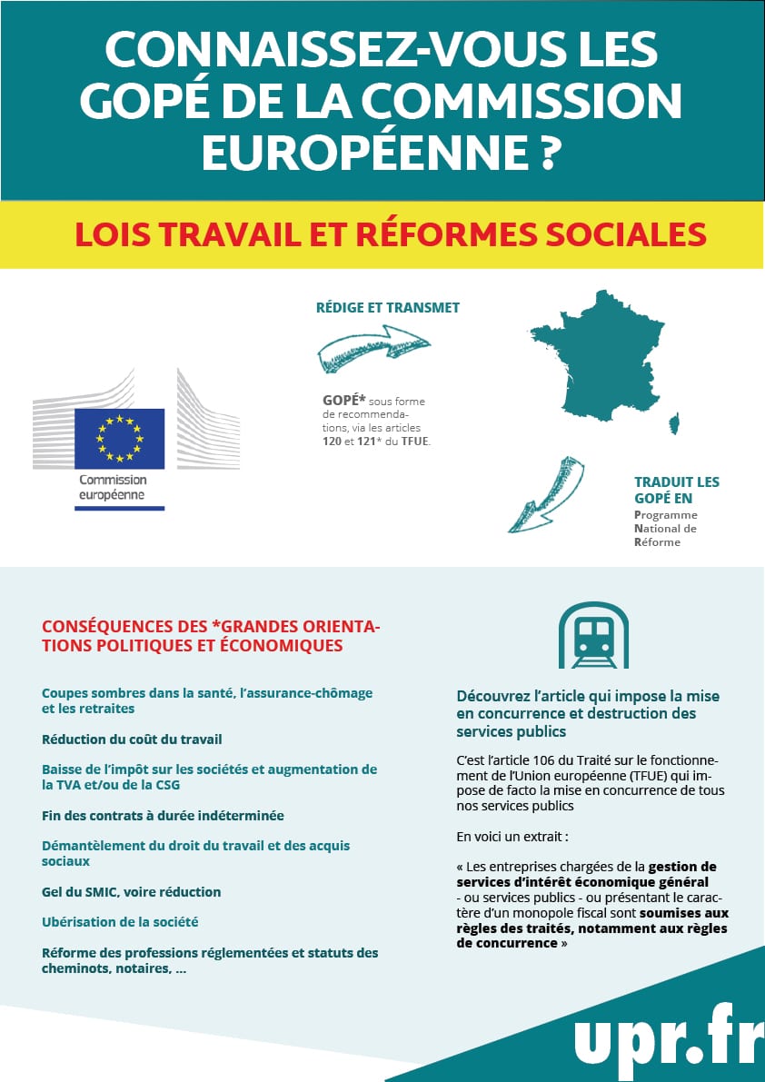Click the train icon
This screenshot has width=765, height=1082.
pyautogui.click(x=593, y=634)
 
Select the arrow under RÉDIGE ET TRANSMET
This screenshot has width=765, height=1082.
pyautogui.click(x=372, y=351)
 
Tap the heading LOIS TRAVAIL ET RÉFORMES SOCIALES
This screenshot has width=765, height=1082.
pyautogui.click(x=390, y=234)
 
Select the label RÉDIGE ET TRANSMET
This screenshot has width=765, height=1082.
pyautogui.click(x=387, y=307)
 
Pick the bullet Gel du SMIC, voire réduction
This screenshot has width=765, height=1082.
pyautogui.click(x=132, y=891)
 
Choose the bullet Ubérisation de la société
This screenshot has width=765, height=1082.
pyautogui.click(x=120, y=921)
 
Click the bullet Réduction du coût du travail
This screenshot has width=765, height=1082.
pyautogui.click(x=132, y=740)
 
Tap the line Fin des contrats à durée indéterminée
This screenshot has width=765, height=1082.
pyautogui.click(x=163, y=815)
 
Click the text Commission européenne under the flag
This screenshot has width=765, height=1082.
pyautogui.click(x=113, y=488)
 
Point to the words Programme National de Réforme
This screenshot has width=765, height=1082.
pyautogui.click(x=665, y=528)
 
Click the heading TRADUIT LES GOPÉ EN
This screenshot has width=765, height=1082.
pyautogui.click(x=676, y=490)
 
